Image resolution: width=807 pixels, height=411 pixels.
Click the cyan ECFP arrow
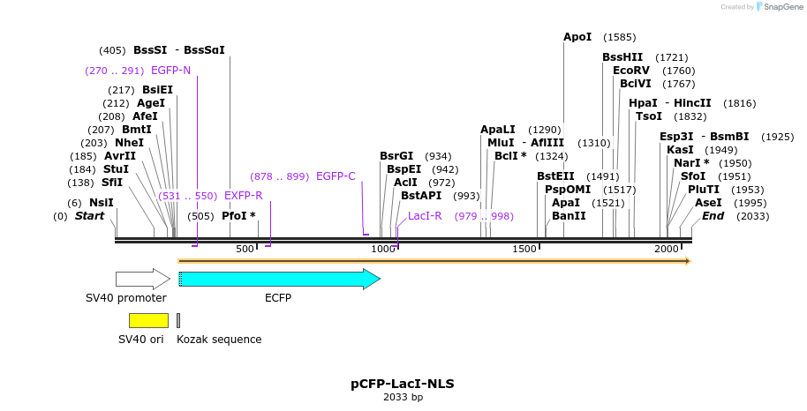click(278, 280)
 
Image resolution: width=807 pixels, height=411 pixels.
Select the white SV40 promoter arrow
click(142, 280)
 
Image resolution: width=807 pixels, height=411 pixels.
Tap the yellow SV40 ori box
click(148, 320)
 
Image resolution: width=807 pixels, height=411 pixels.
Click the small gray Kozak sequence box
click(178, 320)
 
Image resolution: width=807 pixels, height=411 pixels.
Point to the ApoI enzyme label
click(577, 37)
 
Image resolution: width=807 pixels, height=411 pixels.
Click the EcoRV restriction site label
click(630, 71)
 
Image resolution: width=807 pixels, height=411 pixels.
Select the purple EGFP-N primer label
click(170, 71)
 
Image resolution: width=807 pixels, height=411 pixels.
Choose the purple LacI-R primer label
click(425, 216)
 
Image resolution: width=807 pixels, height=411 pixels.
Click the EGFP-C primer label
click(336, 176)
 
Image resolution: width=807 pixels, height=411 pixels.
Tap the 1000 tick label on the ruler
click(383, 250)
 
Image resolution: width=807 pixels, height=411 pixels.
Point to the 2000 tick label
click(667, 250)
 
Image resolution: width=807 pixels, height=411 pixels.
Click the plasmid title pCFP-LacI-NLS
click(403, 384)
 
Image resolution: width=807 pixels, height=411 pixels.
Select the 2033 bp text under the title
click(403, 398)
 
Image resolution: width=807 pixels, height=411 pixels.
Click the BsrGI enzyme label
click(396, 156)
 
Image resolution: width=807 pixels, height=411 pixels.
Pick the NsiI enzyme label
click(101, 203)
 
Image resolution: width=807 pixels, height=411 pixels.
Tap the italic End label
click(713, 216)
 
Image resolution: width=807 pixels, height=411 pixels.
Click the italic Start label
click(89, 216)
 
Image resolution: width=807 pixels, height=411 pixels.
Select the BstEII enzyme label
click(555, 176)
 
